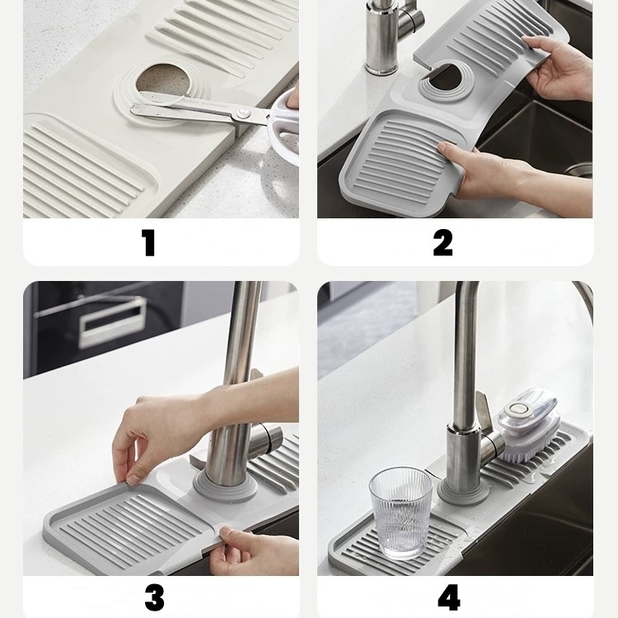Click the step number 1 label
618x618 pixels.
148,243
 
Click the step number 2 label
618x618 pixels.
442,243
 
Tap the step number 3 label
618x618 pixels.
154,597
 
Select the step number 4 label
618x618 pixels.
448,597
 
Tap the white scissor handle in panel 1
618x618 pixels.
282,130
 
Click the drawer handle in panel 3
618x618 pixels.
111,321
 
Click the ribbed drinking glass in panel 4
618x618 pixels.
400,513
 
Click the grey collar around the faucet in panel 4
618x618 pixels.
464,491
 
